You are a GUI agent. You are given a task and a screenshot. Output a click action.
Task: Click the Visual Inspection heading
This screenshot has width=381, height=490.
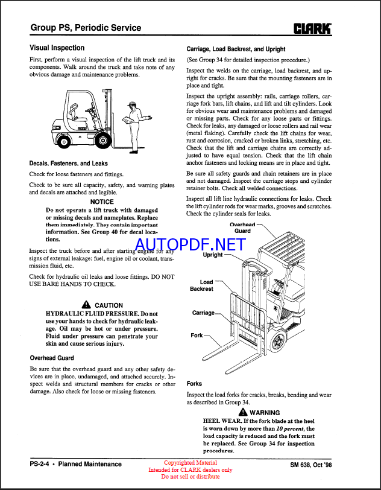click(x=57, y=48)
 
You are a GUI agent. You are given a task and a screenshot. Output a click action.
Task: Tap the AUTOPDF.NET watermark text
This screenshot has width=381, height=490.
click(x=190, y=244)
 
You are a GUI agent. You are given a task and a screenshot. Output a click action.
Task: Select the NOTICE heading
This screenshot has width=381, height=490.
click(x=102, y=202)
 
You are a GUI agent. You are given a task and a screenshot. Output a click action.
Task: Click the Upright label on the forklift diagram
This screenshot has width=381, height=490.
click(x=213, y=255)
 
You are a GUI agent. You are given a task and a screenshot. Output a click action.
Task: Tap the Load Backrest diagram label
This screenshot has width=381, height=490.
click(x=202, y=285)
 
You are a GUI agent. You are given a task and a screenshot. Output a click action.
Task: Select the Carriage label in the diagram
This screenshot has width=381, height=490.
click(x=203, y=313)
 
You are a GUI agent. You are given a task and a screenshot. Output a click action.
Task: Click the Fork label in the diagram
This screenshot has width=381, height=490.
click(x=197, y=335)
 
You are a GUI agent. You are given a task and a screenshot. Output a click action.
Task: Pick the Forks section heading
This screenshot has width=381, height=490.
click(x=194, y=383)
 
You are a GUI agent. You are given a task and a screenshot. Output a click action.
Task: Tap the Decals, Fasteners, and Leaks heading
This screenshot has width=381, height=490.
click(x=69, y=163)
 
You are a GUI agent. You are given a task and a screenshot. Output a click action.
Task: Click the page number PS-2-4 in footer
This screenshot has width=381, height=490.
click(x=40, y=464)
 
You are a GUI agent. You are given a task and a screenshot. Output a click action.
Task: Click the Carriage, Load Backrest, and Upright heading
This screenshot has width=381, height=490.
click(x=236, y=49)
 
